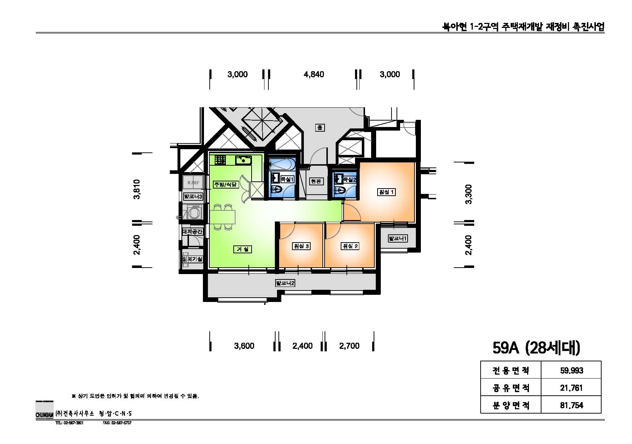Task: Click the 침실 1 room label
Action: point(387,192)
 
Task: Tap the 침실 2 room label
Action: point(350,246)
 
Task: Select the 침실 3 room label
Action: point(301,246)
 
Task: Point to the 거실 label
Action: point(243,249)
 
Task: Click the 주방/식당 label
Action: point(225,185)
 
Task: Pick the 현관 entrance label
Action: point(316,181)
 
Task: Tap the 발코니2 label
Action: point(285,283)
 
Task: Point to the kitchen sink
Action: point(243,160)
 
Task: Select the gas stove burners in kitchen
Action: point(220,160)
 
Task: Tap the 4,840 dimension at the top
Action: point(313,74)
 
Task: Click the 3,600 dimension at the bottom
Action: point(244,346)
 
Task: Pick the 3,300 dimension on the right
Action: point(468,194)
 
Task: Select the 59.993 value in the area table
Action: point(571,370)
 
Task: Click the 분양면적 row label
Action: point(511,405)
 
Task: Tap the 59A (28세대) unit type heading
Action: point(536,347)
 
